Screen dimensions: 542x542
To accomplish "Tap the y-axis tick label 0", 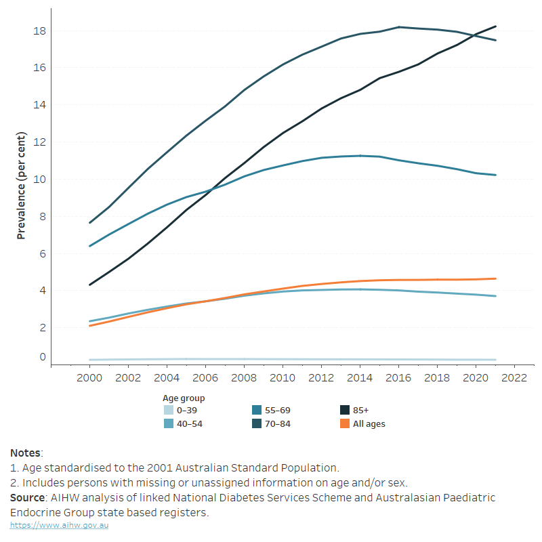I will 41,358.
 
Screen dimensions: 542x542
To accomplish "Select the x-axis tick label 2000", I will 89,378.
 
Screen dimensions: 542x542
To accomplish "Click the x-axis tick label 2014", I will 360,378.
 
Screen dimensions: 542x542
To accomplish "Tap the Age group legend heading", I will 184,398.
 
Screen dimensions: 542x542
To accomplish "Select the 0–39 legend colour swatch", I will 169,411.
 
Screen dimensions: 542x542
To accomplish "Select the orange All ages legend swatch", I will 345,424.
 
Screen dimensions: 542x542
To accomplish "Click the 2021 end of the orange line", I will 495,278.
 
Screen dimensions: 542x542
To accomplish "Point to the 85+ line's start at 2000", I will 90,285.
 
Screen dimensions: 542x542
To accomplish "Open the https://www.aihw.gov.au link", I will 59,525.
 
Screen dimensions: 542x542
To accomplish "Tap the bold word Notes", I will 26,453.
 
